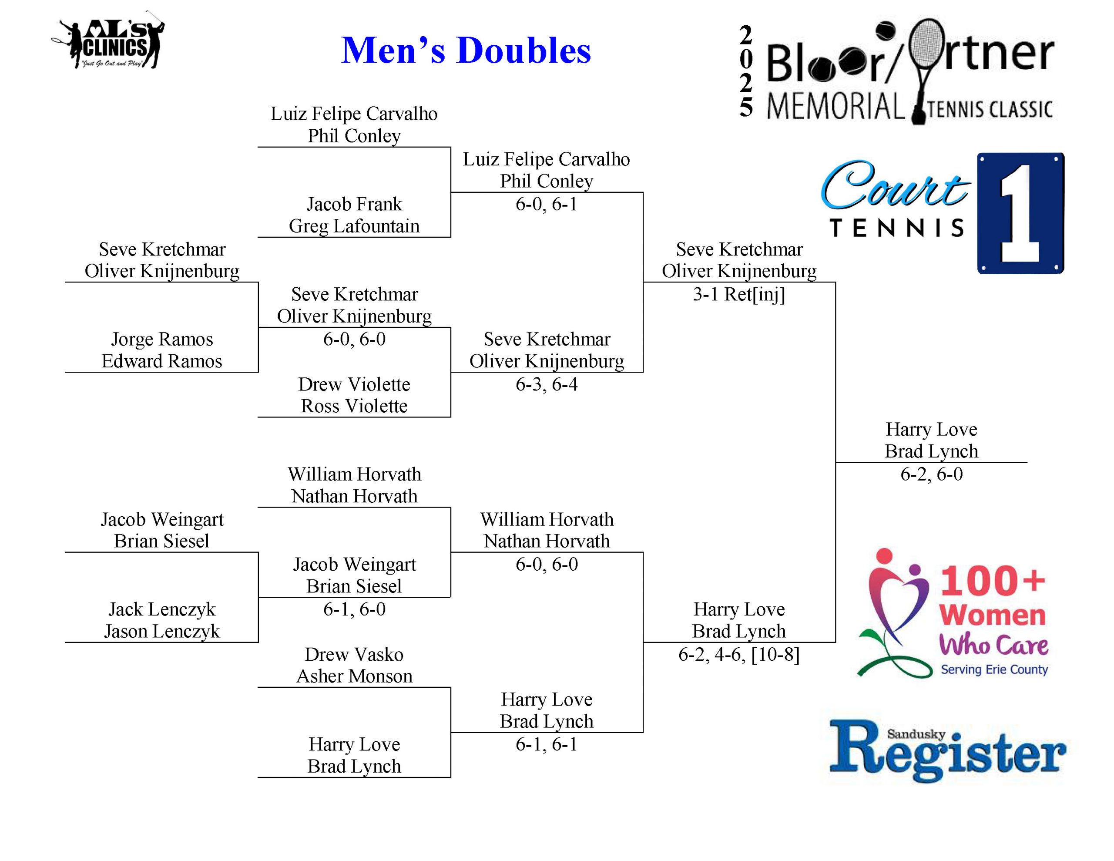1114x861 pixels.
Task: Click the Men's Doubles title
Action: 465,50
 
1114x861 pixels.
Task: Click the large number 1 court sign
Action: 1020,213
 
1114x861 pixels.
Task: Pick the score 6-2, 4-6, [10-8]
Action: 738,654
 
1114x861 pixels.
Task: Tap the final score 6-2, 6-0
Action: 931,474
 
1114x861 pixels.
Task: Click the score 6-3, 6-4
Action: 546,384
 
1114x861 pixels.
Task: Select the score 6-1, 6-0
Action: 354,609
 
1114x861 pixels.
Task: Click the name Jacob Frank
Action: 354,204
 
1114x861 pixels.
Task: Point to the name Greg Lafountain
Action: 354,226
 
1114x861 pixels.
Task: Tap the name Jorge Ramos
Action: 162,340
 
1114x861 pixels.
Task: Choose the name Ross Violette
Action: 354,406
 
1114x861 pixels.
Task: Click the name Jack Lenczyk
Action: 162,609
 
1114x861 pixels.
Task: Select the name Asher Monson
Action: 354,676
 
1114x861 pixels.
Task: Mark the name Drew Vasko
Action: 354,654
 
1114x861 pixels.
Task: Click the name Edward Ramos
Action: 162,361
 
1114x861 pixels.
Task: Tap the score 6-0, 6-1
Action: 546,204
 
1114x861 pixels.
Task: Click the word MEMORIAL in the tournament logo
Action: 835,107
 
